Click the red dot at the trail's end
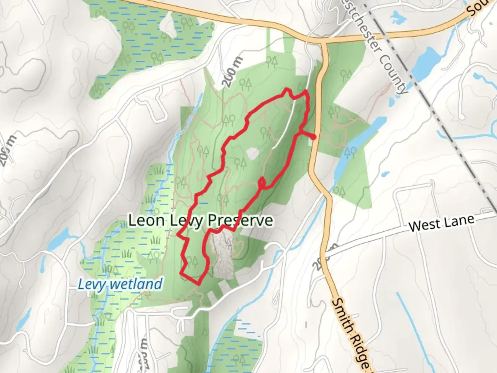313,137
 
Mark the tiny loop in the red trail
262,182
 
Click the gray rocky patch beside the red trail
221,256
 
